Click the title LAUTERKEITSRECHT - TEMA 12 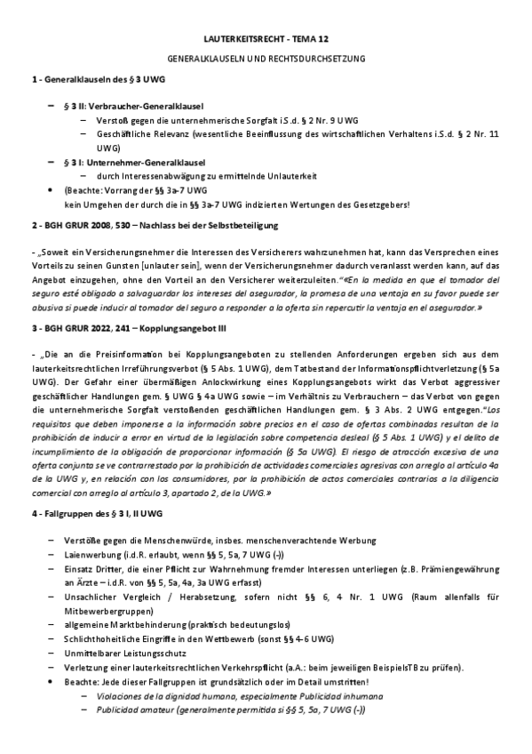pyautogui.click(x=266, y=40)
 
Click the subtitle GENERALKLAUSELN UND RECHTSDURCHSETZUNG pyautogui.click(x=266, y=59)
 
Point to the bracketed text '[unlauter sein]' pyautogui.click(x=173, y=268)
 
